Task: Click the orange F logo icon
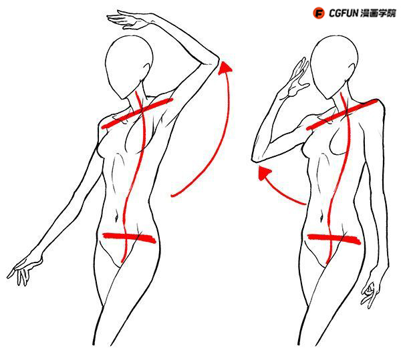point(318,13)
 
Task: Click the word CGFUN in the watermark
point(344,13)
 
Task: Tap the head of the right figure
point(333,67)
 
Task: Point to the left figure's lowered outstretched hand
point(23,271)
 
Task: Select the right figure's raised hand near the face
point(297,77)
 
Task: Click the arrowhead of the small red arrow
point(263,173)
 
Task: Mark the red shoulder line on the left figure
point(137,113)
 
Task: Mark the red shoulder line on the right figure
point(342,114)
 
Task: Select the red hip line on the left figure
point(129,238)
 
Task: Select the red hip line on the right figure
point(335,239)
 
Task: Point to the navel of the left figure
point(117,217)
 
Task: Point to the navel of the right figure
point(322,218)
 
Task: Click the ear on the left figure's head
point(147,70)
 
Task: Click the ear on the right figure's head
point(352,71)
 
